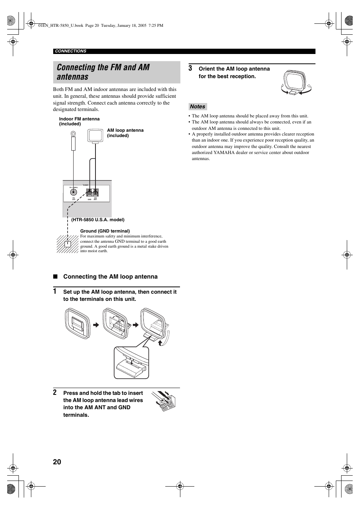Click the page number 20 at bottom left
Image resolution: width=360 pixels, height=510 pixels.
(57, 462)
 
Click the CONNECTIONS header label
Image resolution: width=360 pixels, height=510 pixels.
(71, 51)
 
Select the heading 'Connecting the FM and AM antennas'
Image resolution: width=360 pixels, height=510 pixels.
(103, 72)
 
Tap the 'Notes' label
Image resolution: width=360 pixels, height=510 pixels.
(197, 107)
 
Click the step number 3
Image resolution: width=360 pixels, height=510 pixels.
(191, 68)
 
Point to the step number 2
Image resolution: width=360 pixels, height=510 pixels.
(55, 393)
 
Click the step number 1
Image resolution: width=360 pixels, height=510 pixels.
(55, 291)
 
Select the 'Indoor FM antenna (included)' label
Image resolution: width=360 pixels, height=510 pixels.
(79, 121)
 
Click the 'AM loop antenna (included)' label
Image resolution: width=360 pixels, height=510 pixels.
(125, 133)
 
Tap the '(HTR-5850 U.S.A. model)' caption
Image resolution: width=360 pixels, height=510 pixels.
(98, 220)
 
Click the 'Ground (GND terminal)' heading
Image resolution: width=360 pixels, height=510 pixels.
(105, 231)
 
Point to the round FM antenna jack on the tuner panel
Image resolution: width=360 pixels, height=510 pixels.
(74, 191)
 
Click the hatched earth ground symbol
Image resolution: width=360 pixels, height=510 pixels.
(68, 244)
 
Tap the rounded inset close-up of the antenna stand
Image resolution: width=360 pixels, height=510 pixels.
(131, 363)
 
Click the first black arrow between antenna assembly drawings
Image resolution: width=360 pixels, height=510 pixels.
(96, 325)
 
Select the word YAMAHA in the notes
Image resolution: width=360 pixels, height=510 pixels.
(224, 153)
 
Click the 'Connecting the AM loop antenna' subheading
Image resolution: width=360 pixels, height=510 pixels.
(110, 277)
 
